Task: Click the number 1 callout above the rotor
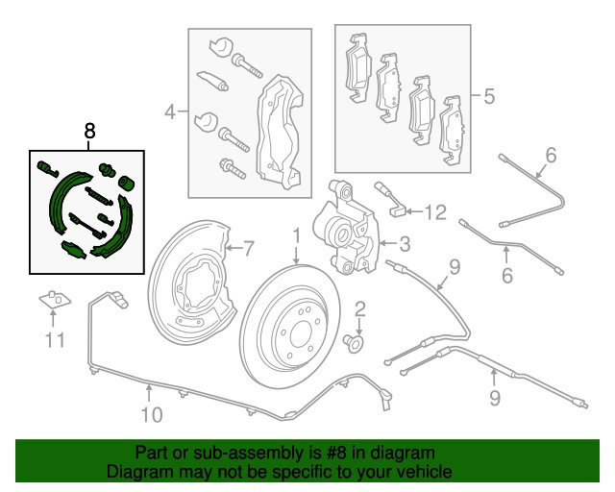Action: (297, 234)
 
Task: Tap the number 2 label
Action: (360, 308)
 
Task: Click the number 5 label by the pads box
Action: (488, 96)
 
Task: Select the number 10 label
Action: (150, 415)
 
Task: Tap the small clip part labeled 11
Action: (55, 302)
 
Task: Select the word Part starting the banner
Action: (153, 453)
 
